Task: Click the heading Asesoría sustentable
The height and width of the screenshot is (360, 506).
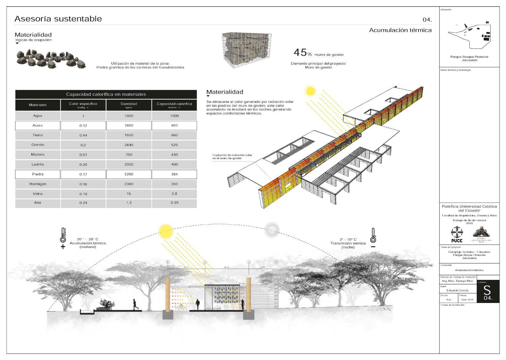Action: point(58,19)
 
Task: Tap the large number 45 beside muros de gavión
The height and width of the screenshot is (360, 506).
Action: point(300,52)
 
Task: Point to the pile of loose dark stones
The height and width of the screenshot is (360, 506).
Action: point(51,59)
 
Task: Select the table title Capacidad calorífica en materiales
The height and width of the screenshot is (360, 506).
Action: point(106,94)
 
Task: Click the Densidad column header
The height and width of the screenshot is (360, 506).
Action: point(129,105)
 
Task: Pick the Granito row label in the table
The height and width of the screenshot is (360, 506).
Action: point(38,145)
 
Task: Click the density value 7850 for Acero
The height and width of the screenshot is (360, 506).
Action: point(129,126)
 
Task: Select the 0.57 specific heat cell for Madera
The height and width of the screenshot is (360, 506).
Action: point(83,155)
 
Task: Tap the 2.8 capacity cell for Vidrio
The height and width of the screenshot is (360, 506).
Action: point(174,194)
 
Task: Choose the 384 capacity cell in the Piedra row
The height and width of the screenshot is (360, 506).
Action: point(174,174)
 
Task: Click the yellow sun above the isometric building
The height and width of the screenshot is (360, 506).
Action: point(310,90)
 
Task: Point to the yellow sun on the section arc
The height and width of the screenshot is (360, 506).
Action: point(165,231)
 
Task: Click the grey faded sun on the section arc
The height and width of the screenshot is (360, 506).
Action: point(272,229)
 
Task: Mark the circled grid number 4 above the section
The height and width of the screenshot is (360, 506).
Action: point(168,262)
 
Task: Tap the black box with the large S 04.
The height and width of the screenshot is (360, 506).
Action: point(488,291)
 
